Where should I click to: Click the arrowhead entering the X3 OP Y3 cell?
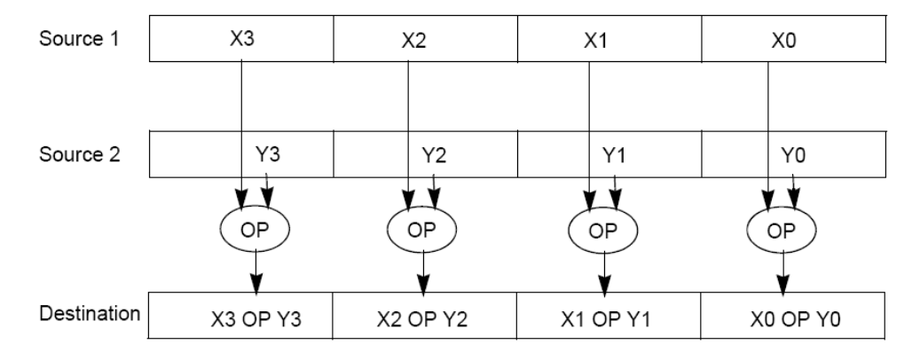tap(256, 289)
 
